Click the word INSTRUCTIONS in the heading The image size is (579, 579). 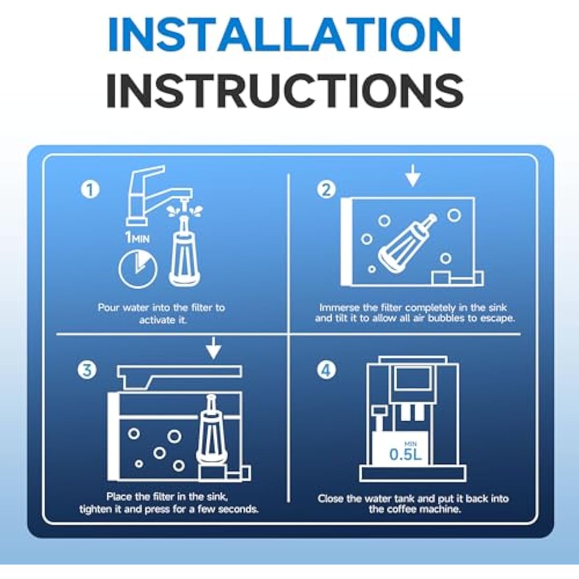(x=285, y=89)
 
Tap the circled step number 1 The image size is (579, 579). (x=89, y=190)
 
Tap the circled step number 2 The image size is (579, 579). (x=326, y=190)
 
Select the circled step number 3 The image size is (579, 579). (x=87, y=370)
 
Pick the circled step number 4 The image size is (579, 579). (x=326, y=370)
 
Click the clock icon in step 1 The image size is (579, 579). (x=138, y=268)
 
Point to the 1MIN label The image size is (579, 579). (x=137, y=237)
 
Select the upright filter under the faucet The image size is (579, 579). (x=184, y=251)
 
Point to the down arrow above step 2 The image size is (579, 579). (x=413, y=176)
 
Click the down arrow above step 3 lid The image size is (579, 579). (x=213, y=348)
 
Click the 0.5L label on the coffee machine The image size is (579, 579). (x=405, y=455)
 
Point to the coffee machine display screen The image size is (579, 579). (x=413, y=379)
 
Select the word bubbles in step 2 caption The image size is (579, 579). (x=444, y=318)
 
